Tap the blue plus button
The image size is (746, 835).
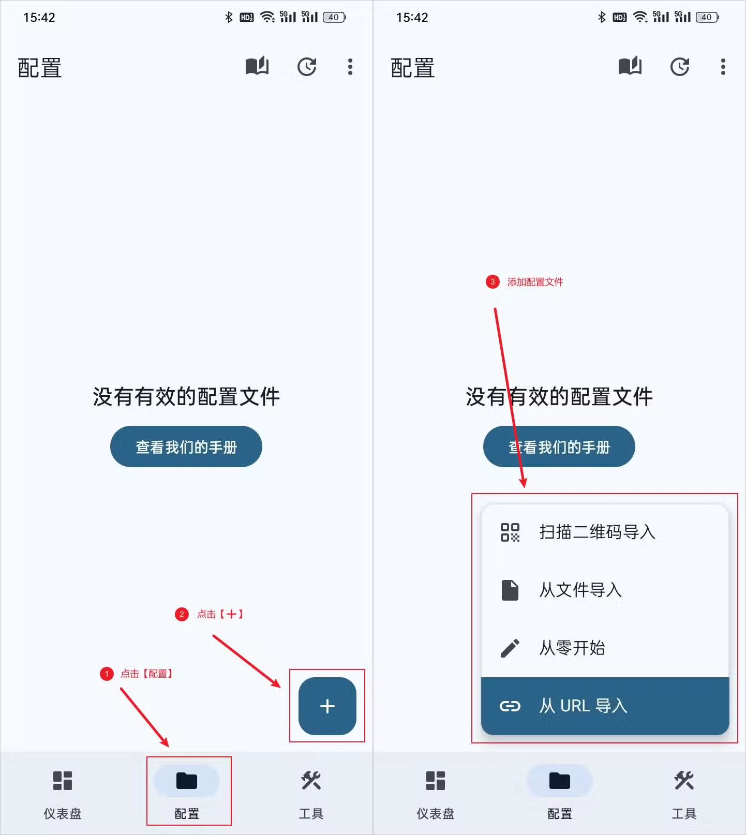click(327, 706)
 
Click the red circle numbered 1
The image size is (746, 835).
click(107, 674)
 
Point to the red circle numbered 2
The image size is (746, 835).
click(182, 614)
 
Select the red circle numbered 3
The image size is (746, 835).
click(492, 282)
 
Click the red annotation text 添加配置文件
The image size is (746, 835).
click(535, 282)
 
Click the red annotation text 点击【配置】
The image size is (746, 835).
click(146, 674)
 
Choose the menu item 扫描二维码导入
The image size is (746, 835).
click(597, 532)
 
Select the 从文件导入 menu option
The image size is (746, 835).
click(580, 590)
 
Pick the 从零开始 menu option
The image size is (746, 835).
click(572, 648)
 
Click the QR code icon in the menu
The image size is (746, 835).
click(510, 532)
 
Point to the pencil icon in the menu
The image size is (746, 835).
click(510, 648)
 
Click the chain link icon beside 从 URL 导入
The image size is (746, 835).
click(510, 706)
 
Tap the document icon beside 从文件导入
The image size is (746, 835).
click(510, 590)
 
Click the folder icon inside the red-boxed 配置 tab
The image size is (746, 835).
click(187, 780)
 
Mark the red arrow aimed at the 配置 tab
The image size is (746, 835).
click(144, 717)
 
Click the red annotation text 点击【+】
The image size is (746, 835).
click(220, 614)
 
